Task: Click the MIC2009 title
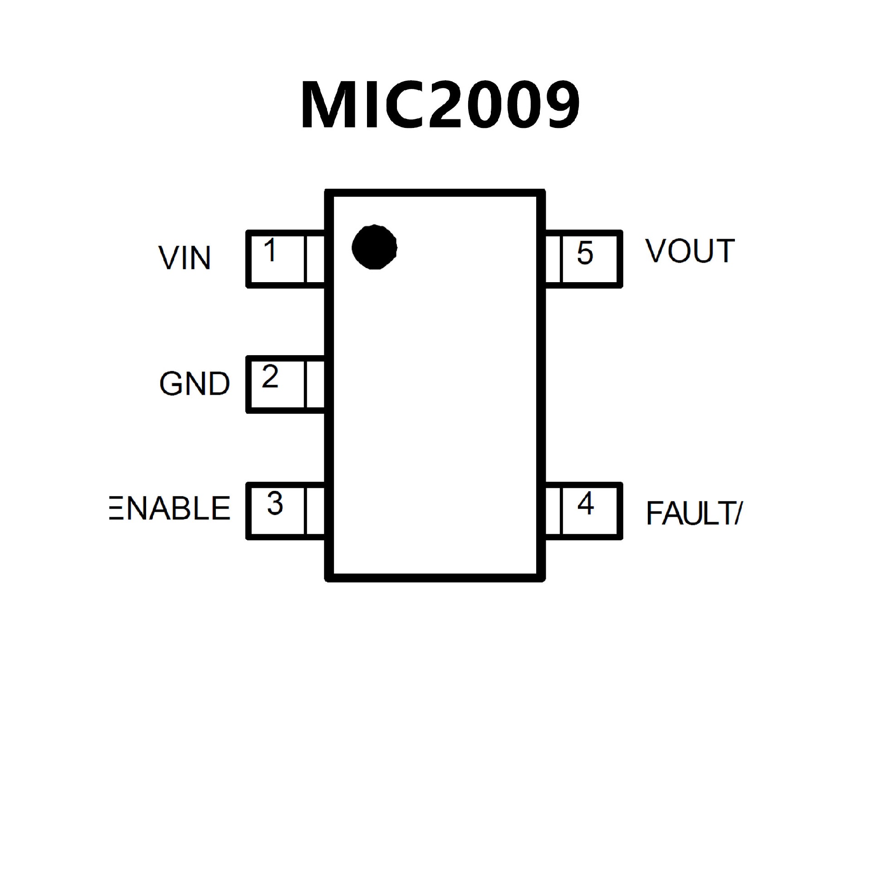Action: [x=440, y=105]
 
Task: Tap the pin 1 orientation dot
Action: [x=374, y=247]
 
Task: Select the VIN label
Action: [x=185, y=258]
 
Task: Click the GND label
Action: [x=195, y=384]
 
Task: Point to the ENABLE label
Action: [x=170, y=508]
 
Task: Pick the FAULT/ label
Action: [x=694, y=514]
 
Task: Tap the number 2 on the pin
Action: [x=270, y=377]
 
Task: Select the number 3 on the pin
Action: [x=275, y=503]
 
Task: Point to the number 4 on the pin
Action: [x=586, y=503]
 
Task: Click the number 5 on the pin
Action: [x=585, y=253]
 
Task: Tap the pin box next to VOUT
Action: [x=583, y=259]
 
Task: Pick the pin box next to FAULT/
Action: [x=583, y=511]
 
